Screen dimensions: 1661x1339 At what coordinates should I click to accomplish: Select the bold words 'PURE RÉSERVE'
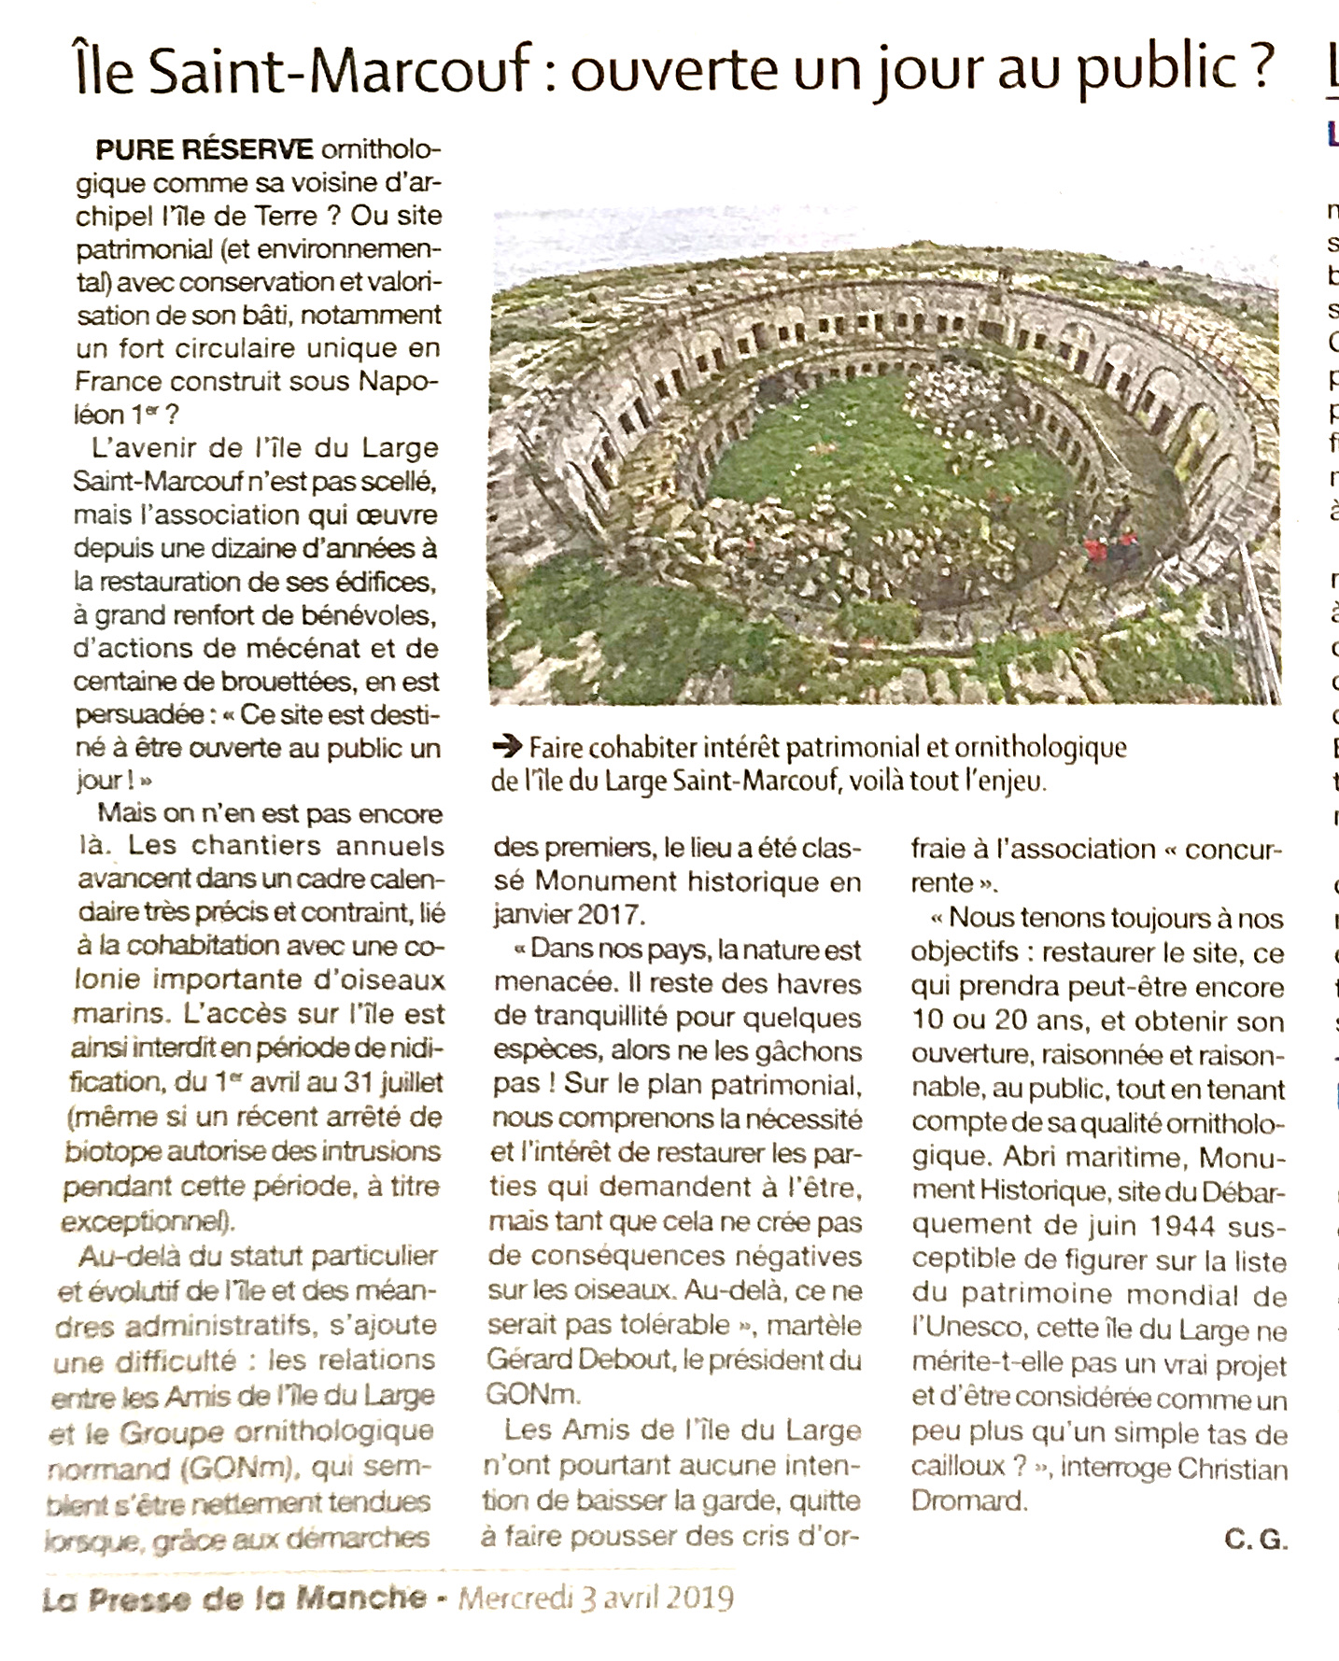coord(204,149)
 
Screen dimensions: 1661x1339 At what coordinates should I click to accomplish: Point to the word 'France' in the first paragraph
coord(120,381)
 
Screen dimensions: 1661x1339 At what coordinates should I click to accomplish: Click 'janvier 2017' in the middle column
coord(570,915)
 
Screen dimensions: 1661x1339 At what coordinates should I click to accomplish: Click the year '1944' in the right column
coord(1187,1225)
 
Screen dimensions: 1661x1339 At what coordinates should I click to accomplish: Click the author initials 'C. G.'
coord(1256,1541)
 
